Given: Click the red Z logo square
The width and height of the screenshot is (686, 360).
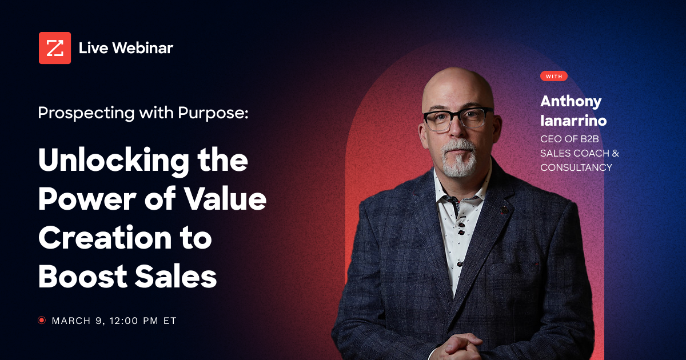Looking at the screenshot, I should [55, 48].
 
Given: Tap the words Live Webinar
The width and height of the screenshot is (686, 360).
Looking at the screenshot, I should [126, 48].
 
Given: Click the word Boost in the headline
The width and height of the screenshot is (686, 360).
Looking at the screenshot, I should [79, 276].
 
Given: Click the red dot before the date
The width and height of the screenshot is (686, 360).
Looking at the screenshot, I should [42, 321].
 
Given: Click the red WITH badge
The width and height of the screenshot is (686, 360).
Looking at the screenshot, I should [553, 76].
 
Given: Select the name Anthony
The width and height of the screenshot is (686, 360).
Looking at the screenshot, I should [571, 102].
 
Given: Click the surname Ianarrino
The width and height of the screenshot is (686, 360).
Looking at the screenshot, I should [573, 121].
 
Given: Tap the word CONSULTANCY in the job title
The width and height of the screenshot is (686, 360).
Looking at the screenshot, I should [576, 167].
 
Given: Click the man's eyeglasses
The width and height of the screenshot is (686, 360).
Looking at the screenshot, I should [458, 117].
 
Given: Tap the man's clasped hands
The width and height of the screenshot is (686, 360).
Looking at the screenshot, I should [457, 346].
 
